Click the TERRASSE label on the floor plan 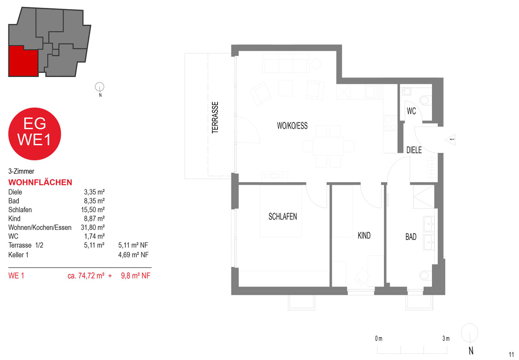coord(215,118)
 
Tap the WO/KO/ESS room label coord(292,126)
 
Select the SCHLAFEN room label coord(283,217)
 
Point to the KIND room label coord(364,236)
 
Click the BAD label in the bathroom coord(411,236)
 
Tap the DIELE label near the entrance coord(414,150)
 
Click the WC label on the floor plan coord(411,111)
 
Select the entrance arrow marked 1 coord(450,140)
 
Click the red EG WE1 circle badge coord(35,134)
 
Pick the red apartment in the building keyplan coord(23,61)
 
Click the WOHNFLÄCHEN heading coord(40,182)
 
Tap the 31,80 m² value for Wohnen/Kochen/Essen coord(93,227)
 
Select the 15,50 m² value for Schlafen coord(93,210)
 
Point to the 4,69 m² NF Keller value coord(134,255)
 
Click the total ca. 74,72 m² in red coord(86,275)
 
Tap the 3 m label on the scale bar coord(446,338)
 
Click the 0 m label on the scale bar coord(378,338)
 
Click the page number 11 coord(511,354)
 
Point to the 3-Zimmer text coord(21,171)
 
